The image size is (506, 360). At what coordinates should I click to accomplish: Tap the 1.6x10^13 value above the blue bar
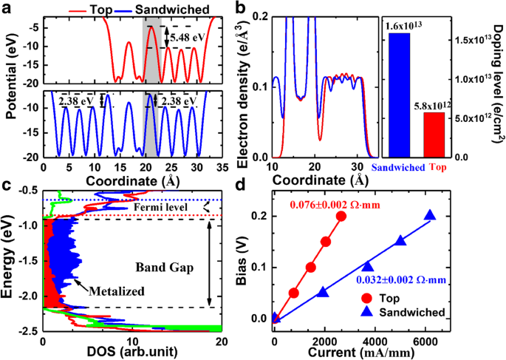click(408, 26)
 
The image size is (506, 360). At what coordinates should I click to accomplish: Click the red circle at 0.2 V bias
click(341, 216)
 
